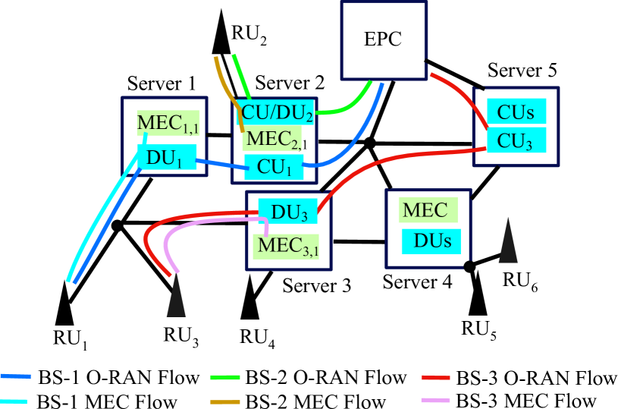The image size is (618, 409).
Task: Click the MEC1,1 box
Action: coord(168,123)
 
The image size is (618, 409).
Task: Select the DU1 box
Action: coord(167,157)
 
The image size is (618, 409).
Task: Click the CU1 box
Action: coord(274,167)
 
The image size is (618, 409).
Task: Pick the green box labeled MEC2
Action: coord(272,139)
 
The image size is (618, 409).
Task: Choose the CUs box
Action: coord(516,112)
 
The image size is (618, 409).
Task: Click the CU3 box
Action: coord(516,140)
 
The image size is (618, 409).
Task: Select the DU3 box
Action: coord(287,212)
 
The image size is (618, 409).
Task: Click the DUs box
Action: coord(431,241)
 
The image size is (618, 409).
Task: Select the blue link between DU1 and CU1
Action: coord(221,163)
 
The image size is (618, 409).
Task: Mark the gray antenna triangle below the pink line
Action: coord(176,297)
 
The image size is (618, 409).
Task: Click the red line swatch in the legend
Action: coord(435,377)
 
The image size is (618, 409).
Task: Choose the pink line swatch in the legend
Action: coord(435,400)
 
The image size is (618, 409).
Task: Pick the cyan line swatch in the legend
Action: coord(14,401)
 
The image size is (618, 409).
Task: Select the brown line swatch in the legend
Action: coord(225,401)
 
